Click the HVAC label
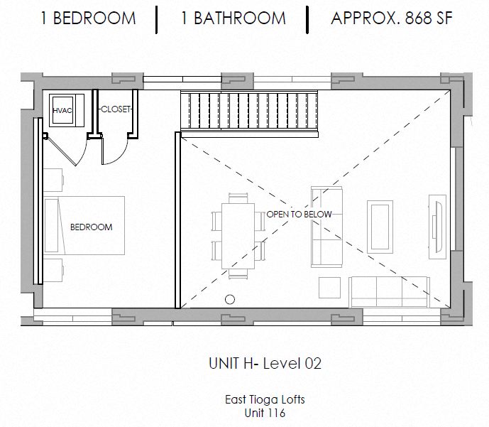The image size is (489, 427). pos(62,111)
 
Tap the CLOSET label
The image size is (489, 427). pos(116,109)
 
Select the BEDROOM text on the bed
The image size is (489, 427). pos(92,227)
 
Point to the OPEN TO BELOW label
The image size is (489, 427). pos(299,215)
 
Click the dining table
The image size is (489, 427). pos(238,236)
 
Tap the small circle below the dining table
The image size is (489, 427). pos(230,299)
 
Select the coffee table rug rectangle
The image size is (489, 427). pos(380,227)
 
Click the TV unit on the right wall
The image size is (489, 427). pos(437,227)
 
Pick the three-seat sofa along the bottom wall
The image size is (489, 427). pos(389,292)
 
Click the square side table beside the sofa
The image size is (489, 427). pos(329,288)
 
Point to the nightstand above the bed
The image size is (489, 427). pos(53,180)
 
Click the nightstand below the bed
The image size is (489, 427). pos(53,270)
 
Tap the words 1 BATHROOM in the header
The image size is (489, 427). pos(233,18)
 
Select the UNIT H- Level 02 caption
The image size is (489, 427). pos(265,364)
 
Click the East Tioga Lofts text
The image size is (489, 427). pos(265,400)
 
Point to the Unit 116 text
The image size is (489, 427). pos(265,413)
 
